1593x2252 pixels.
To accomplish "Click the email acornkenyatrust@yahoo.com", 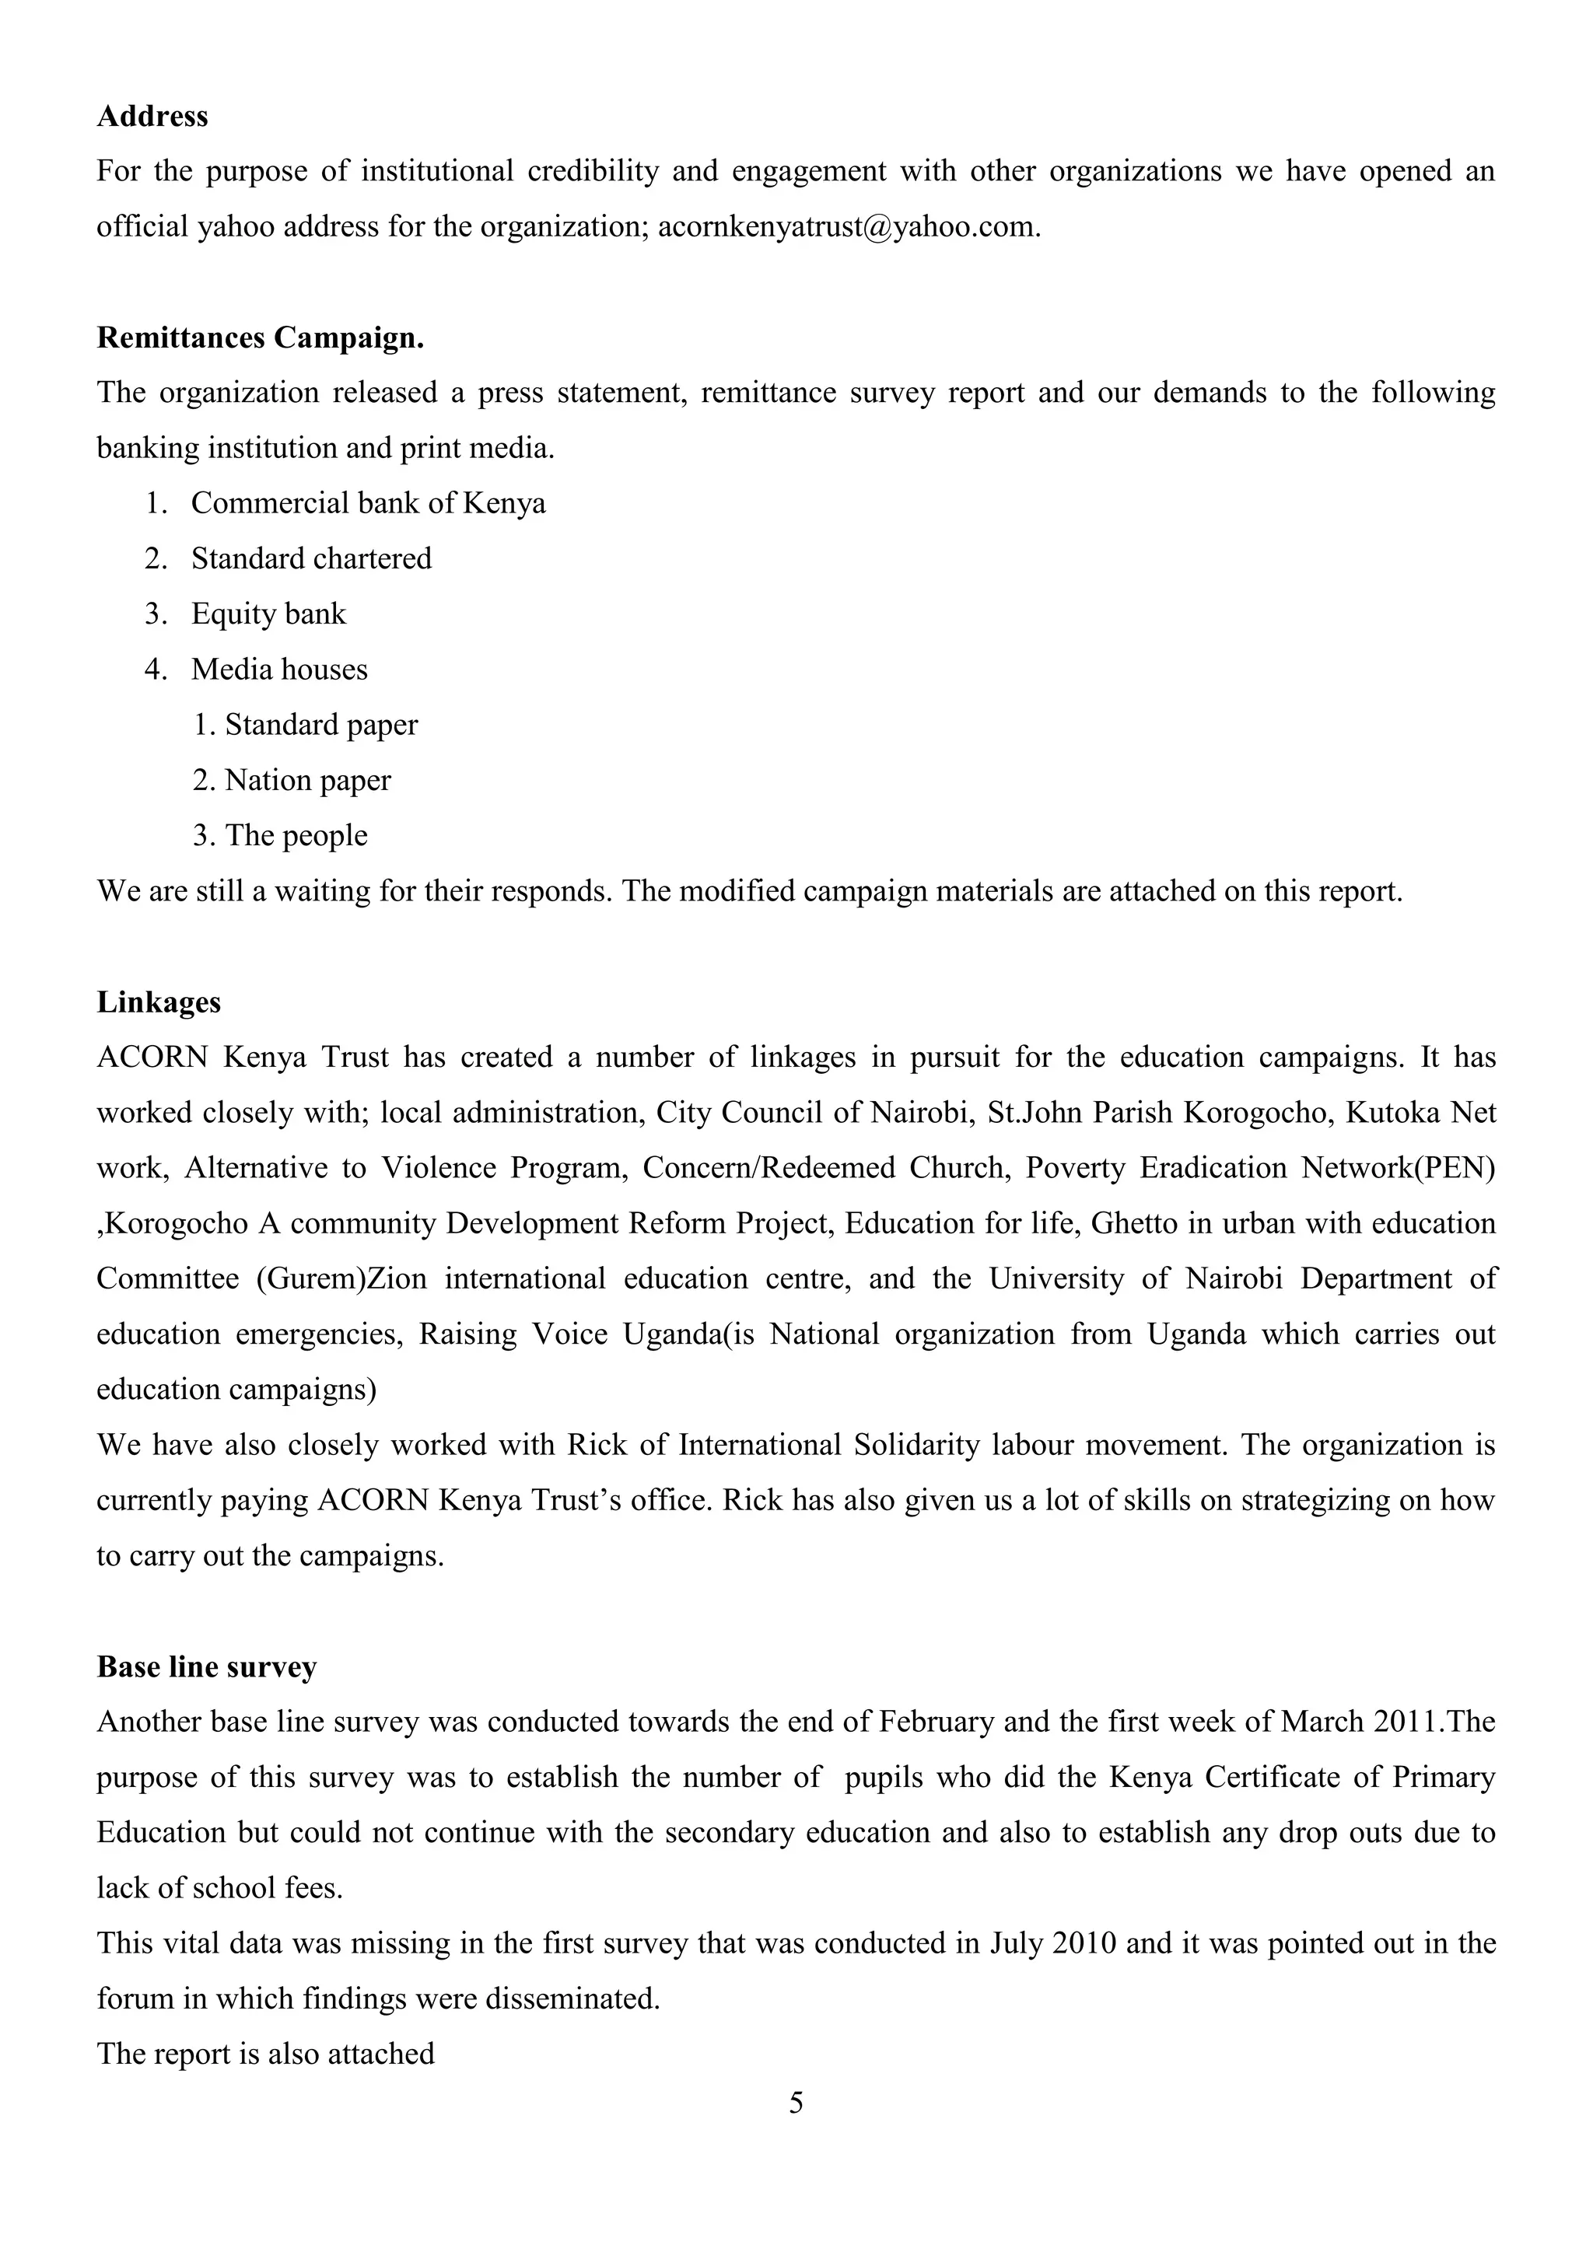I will click(849, 228).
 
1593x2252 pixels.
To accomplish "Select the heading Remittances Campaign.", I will click(260, 338).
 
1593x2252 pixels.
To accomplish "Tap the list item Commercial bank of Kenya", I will click(368, 504).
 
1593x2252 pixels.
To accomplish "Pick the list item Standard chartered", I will click(311, 559).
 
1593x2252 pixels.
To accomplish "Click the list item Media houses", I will click(278, 670).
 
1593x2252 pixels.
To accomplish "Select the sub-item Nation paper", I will click(307, 781).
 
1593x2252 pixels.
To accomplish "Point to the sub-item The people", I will click(296, 837).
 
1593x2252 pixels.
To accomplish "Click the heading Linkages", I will click(159, 1002).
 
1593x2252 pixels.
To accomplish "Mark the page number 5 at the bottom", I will click(796, 2102).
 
